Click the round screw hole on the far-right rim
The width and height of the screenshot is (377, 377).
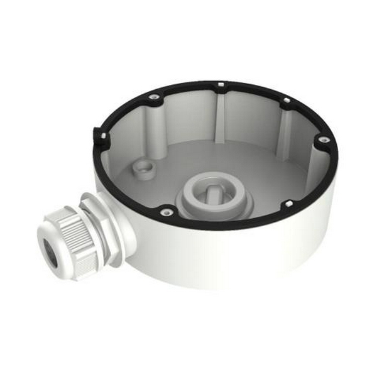pyautogui.click(x=323, y=139)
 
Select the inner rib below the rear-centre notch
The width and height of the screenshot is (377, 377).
pyautogui.click(x=219, y=113)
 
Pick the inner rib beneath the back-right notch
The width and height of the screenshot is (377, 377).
pyautogui.click(x=279, y=126)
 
